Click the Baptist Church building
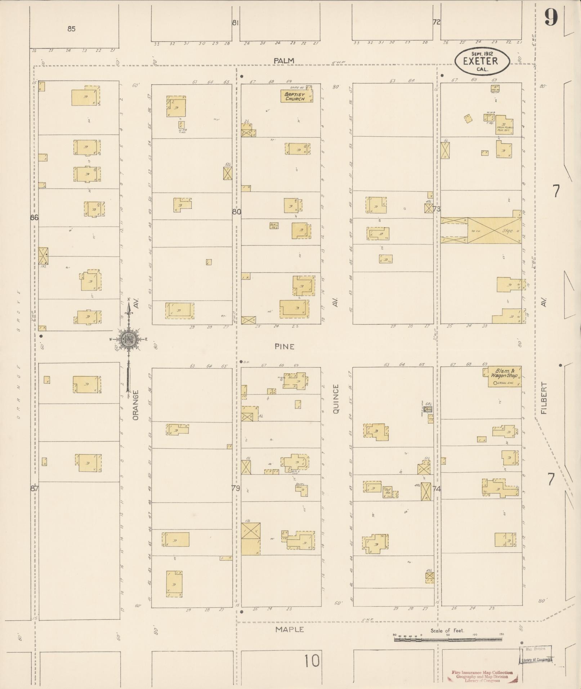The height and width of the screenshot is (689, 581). [296, 96]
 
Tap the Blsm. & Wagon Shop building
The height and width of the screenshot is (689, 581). [504, 377]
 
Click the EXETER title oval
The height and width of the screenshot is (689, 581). [482, 61]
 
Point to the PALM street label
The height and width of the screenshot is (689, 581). [284, 61]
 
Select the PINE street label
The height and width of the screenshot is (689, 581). [284, 346]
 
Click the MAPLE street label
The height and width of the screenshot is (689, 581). [290, 629]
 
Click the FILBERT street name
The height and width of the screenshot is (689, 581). [544, 398]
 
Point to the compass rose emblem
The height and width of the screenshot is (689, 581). [128, 339]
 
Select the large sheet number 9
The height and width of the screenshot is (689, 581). [551, 17]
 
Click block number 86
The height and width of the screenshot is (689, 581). [35, 218]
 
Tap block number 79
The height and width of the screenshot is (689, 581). [236, 488]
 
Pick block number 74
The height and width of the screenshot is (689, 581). [437, 489]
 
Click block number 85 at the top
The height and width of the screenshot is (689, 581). [71, 29]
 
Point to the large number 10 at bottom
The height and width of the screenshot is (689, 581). [312, 661]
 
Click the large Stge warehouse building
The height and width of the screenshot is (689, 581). [494, 231]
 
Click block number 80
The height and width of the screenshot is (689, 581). [236, 212]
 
